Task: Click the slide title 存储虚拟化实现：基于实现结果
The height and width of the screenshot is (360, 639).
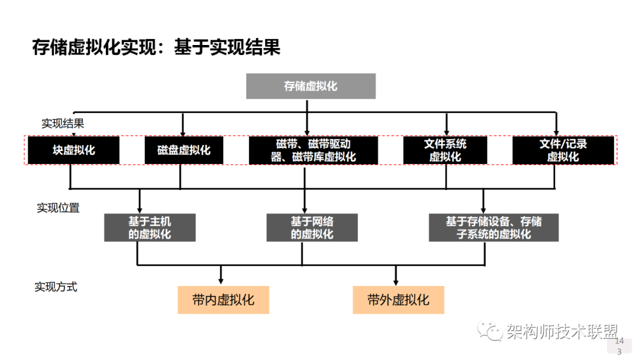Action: click(x=156, y=47)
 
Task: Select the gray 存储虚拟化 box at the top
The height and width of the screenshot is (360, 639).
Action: click(x=311, y=86)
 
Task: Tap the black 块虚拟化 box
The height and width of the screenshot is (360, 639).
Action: click(x=73, y=150)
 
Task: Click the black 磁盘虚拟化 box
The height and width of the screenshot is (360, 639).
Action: click(x=183, y=150)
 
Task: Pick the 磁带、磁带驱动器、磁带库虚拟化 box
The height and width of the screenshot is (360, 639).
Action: click(x=312, y=150)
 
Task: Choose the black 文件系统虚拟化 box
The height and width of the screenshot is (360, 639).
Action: click(x=445, y=150)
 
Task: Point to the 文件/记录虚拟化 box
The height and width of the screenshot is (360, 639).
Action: click(x=563, y=150)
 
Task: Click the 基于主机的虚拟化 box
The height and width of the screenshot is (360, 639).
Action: click(x=150, y=227)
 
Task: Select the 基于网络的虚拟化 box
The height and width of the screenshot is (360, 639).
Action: click(x=312, y=227)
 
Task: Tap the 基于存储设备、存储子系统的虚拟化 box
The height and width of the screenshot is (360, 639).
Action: click(x=493, y=227)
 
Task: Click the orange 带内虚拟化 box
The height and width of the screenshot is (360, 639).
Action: click(x=223, y=300)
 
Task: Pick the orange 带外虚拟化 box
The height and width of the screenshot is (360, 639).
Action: click(x=398, y=300)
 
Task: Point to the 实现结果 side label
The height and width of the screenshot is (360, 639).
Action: click(x=63, y=124)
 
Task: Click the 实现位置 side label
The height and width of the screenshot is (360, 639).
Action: click(x=58, y=208)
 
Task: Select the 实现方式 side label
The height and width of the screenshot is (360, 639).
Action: click(x=56, y=287)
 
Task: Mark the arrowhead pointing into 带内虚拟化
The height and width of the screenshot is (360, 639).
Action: click(x=221, y=280)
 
